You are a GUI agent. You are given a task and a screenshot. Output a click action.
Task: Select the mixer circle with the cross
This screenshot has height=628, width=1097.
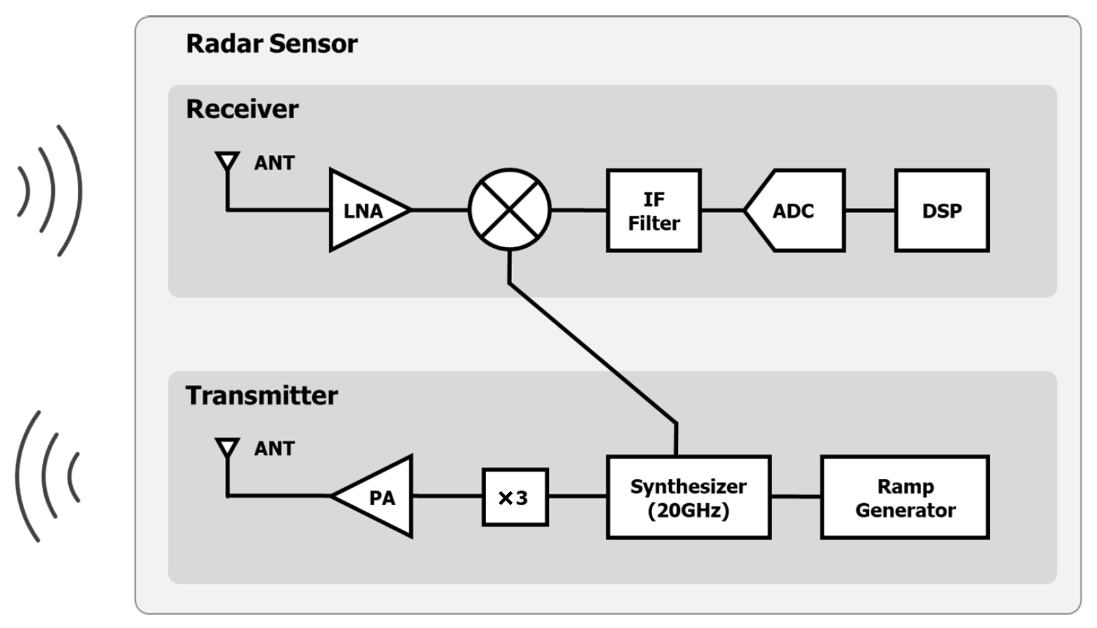coord(509,210)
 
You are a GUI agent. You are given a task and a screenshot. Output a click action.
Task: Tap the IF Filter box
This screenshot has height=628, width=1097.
coord(653,210)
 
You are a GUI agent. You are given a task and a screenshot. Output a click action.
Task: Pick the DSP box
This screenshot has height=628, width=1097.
coord(941,210)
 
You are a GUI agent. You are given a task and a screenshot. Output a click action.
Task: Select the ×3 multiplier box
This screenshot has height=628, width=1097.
coord(515,497)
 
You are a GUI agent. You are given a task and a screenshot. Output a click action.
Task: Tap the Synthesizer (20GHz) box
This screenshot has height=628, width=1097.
coord(688,497)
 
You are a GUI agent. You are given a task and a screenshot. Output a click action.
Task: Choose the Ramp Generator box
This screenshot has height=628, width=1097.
coord(904,497)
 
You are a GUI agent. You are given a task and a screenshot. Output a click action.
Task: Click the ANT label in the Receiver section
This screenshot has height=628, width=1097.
coord(274,163)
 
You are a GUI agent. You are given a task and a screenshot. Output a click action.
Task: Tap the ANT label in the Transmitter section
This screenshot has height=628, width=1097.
coord(274,448)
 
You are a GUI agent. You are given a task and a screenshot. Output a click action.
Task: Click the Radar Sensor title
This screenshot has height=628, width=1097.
coord(271,43)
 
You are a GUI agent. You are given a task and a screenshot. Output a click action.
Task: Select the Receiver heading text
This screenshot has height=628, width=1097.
coord(242,109)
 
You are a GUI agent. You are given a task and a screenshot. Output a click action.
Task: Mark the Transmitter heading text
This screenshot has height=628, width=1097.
coord(261,396)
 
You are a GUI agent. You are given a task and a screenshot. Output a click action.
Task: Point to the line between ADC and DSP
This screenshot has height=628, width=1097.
coord(870,210)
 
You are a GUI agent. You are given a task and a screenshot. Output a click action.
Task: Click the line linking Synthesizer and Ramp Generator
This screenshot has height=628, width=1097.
coord(796,497)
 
